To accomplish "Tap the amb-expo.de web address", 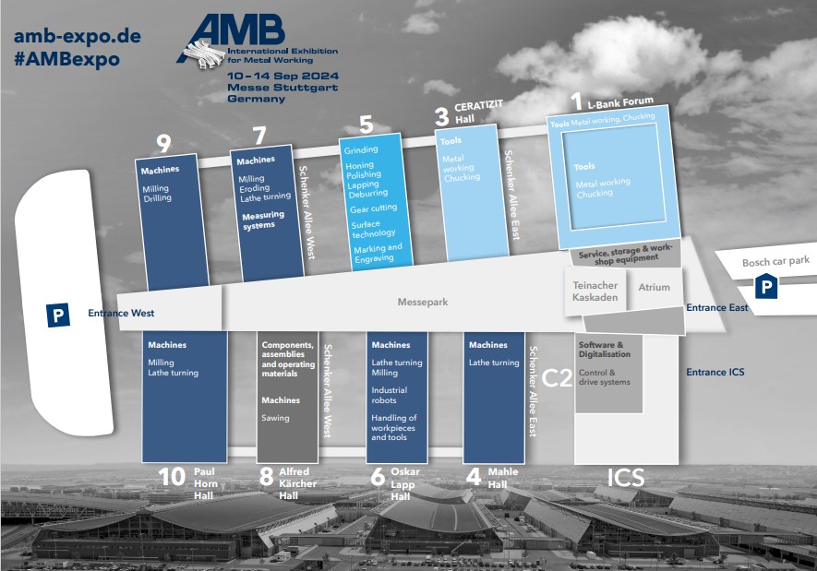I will [x=77, y=37].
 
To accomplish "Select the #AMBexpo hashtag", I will [x=66, y=59].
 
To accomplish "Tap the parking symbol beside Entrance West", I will [x=58, y=315].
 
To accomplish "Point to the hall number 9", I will [x=163, y=143].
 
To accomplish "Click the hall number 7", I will [x=258, y=136].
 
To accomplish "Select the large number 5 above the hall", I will [x=366, y=124].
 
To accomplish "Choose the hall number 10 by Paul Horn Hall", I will [x=172, y=476].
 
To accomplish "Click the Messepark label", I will [x=422, y=302].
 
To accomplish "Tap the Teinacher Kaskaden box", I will [x=595, y=291].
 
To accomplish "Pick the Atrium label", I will [x=654, y=288].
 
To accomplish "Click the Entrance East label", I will [x=716, y=307].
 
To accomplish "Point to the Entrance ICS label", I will [x=715, y=373].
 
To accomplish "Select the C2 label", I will [x=558, y=377].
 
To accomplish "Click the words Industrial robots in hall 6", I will [x=390, y=396].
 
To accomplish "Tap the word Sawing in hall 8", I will [x=275, y=418].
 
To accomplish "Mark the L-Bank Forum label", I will [x=619, y=101].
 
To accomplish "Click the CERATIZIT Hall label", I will [x=478, y=113].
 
